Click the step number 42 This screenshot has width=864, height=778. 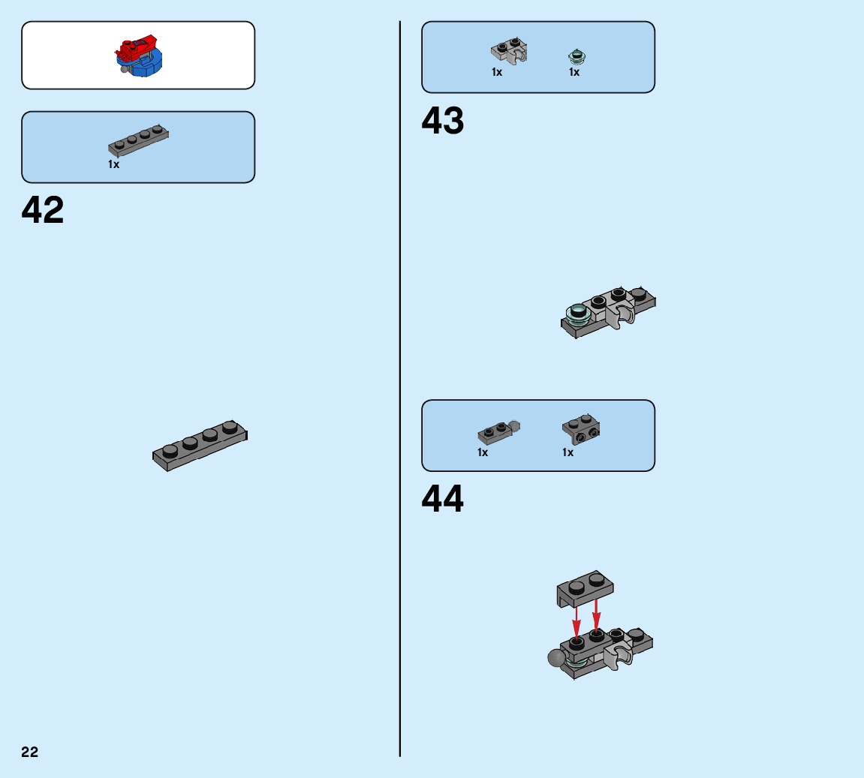[43, 211]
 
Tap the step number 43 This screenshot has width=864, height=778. [443, 121]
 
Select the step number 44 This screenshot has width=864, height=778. [443, 500]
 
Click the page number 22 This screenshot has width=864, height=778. [29, 752]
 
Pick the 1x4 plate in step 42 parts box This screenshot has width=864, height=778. [139, 140]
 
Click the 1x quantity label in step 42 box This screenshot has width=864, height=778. [113, 164]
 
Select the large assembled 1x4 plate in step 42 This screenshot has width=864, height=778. [200, 446]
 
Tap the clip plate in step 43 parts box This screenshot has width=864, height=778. [509, 50]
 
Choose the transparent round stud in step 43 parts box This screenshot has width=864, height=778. [577, 56]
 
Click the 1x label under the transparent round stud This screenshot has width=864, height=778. [574, 73]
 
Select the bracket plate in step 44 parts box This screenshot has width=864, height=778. [581, 428]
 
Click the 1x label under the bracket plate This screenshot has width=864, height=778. [568, 452]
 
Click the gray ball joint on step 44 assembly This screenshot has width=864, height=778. [557, 658]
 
